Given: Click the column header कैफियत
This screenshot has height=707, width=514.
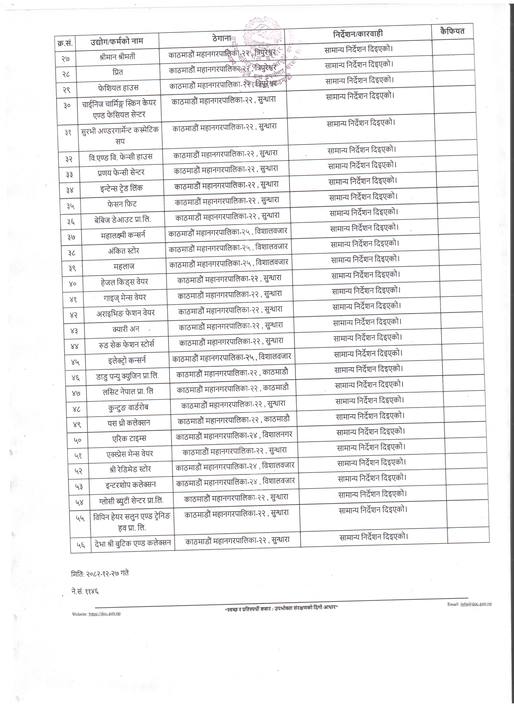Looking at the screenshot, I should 452,31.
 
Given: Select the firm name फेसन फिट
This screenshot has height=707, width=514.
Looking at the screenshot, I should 122,204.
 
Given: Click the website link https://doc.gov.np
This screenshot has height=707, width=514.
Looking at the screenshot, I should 105,614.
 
